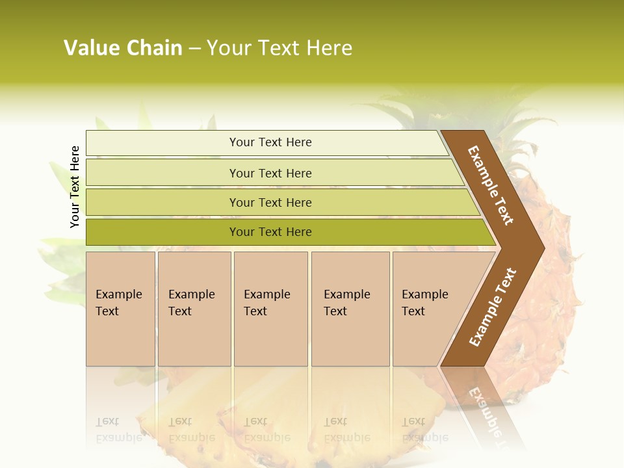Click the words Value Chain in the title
coord(123,48)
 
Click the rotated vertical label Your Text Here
coord(75,187)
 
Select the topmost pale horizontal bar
coord(162,143)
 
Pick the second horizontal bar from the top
coord(162,173)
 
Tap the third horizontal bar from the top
coord(162,203)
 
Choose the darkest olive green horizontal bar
coord(162,232)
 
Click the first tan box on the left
coord(120,338)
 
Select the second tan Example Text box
coord(194,338)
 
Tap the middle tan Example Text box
coord(270,338)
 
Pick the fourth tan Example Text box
coord(350,338)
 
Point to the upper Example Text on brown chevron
coord(491,185)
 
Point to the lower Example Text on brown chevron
coord(492,307)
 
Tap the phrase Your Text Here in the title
coord(279,48)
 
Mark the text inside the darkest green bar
coord(270,232)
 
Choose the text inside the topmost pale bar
coord(270,142)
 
